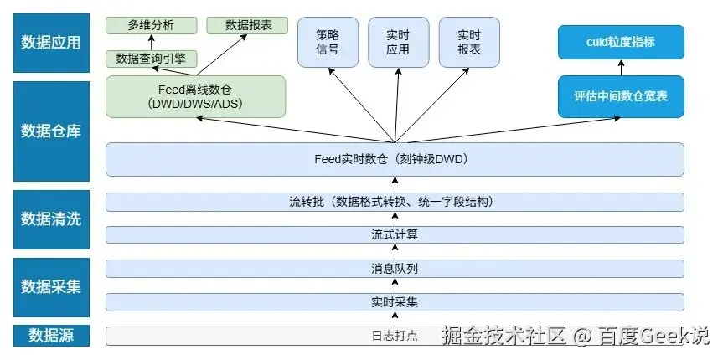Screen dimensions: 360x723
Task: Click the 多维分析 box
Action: click(x=152, y=25)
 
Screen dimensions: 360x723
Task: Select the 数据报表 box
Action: click(x=245, y=25)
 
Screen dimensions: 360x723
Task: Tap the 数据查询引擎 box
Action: click(x=152, y=59)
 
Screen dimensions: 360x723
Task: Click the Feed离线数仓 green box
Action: click(x=195, y=96)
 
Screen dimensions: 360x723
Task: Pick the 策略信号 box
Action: click(x=328, y=43)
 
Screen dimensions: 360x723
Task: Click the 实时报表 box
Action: click(x=469, y=43)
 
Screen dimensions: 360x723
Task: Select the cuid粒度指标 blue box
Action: click(x=621, y=41)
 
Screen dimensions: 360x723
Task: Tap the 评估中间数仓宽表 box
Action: click(x=621, y=96)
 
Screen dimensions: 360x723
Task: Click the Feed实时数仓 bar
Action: click(x=395, y=159)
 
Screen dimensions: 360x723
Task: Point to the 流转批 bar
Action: click(x=395, y=202)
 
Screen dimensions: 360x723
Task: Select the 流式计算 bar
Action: click(x=395, y=234)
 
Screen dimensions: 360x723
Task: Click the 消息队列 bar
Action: click(x=395, y=269)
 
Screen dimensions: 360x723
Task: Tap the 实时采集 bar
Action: click(x=395, y=301)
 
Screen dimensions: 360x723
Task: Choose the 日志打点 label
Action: click(x=395, y=336)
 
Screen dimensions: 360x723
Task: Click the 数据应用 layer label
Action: click(x=51, y=42)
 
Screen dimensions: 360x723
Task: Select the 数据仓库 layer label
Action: click(x=51, y=131)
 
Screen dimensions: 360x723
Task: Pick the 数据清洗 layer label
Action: click(x=51, y=219)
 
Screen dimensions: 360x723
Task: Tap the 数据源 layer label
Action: click(x=51, y=336)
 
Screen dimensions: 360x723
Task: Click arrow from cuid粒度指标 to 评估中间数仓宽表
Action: click(x=621, y=68)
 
